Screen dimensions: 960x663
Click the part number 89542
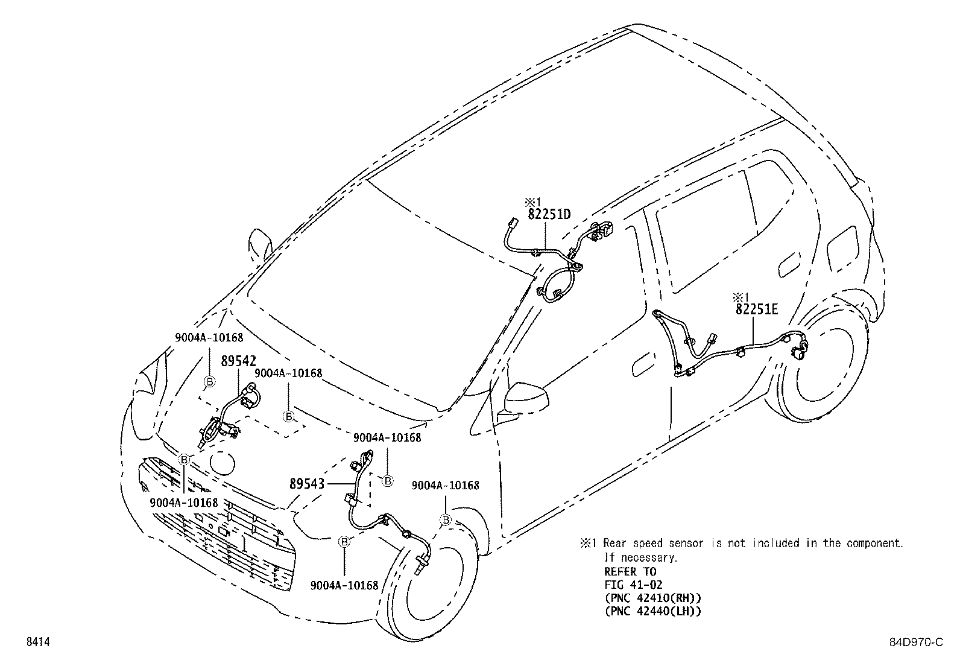238,361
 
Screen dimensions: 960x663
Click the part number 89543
307,484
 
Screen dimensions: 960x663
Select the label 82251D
549,214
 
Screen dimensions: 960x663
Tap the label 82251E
757,309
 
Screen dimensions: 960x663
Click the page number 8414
38,642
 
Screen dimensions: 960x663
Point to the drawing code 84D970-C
917,642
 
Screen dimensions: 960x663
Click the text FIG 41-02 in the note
633,585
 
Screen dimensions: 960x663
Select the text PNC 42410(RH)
652,598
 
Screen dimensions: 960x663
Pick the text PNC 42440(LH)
652,611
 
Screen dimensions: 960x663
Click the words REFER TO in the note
630,572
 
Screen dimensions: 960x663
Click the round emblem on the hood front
223,463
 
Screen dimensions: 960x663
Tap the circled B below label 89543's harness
344,542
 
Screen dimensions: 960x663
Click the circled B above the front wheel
446,520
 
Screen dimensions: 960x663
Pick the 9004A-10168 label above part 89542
209,338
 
